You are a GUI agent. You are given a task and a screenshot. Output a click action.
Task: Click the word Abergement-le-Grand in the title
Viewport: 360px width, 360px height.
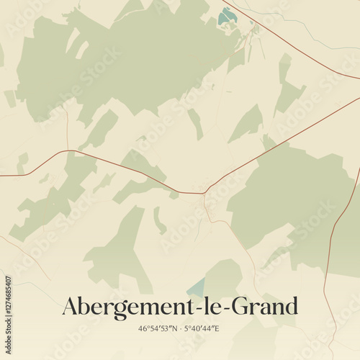pyautogui.click(x=179, y=306)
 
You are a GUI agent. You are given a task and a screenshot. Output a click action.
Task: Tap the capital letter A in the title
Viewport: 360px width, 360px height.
pyautogui.click(x=71, y=306)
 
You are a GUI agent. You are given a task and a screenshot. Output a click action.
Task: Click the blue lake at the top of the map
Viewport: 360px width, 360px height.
pyautogui.click(x=228, y=15)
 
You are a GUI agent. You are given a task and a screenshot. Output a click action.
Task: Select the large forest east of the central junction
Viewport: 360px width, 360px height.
pyautogui.click(x=288, y=194)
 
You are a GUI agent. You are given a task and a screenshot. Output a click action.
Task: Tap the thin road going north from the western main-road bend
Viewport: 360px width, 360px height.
pyautogui.click(x=67, y=130)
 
